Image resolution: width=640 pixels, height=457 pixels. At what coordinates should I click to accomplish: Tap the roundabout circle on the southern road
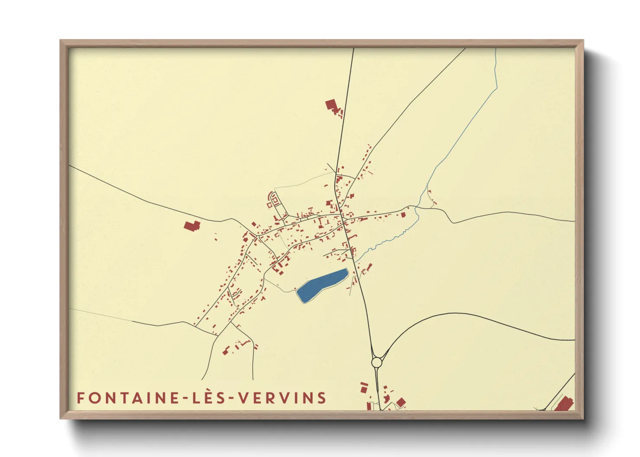click(377, 362)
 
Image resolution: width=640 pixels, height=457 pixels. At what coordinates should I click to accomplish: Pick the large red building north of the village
click(331, 105)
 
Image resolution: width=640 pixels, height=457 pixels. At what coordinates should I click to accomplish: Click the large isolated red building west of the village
click(192, 225)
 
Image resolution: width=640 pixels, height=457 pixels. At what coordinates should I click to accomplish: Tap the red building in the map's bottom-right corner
click(564, 404)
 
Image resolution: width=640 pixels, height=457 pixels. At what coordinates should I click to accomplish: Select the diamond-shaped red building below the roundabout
click(401, 403)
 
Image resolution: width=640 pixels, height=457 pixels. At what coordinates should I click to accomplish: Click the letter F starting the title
click(80, 398)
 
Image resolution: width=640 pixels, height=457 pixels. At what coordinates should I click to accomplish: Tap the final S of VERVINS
click(321, 398)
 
